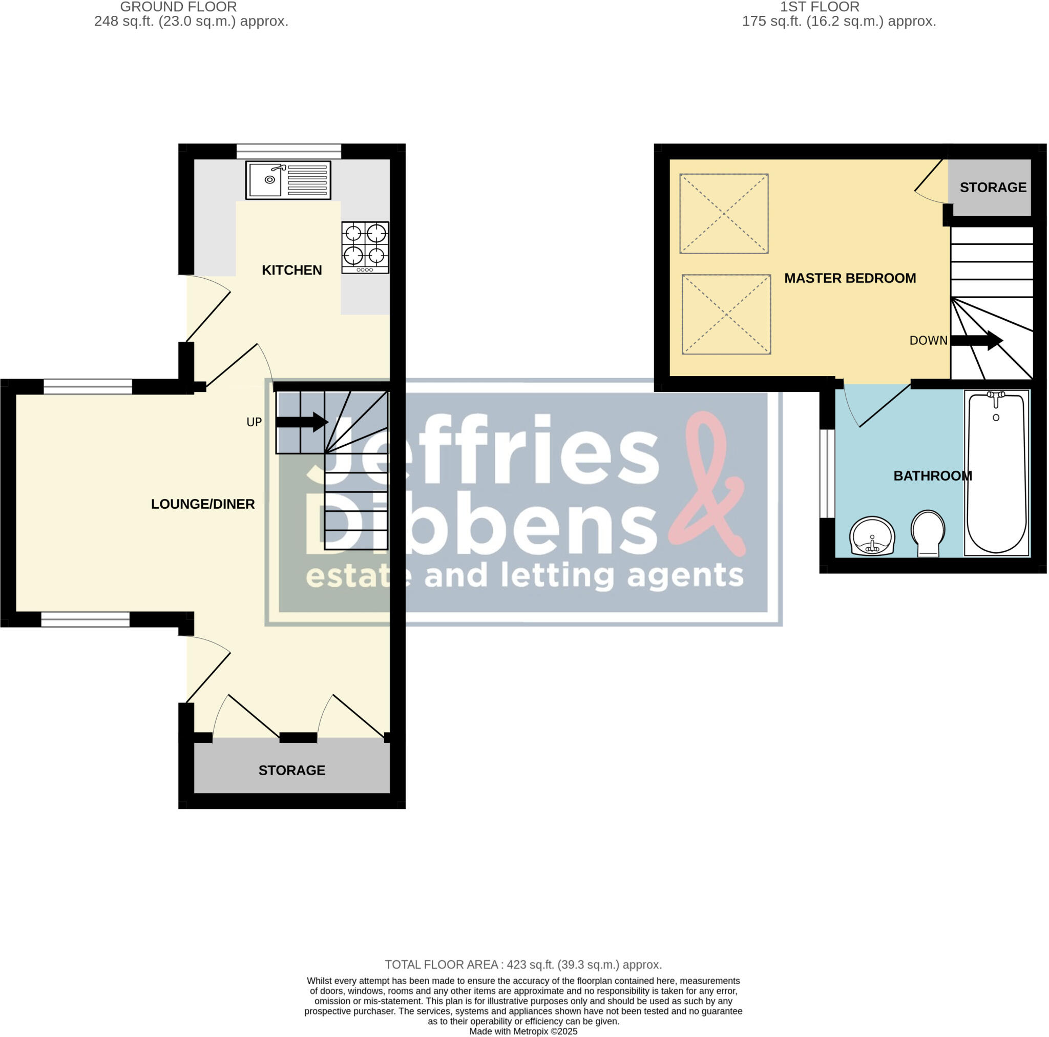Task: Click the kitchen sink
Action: [x=288, y=180]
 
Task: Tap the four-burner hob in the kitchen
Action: [x=365, y=246]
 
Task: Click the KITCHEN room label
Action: [x=291, y=270]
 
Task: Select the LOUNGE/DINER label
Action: [x=202, y=504]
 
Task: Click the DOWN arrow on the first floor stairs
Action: [x=976, y=341]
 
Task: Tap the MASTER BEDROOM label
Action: [x=850, y=278]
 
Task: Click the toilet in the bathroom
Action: [x=928, y=533]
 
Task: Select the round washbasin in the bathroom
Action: [x=872, y=536]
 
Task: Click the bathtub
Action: [x=996, y=472]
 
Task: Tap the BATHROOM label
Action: [x=932, y=476]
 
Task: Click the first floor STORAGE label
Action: [x=993, y=188]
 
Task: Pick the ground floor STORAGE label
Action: [x=291, y=770]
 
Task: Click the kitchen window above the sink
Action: [x=288, y=151]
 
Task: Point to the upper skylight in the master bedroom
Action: [x=724, y=214]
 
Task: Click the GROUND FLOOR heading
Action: [x=178, y=7]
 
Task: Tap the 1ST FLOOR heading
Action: [x=820, y=7]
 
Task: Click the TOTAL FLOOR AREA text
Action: [x=523, y=965]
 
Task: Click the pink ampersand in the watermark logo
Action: [x=706, y=484]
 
